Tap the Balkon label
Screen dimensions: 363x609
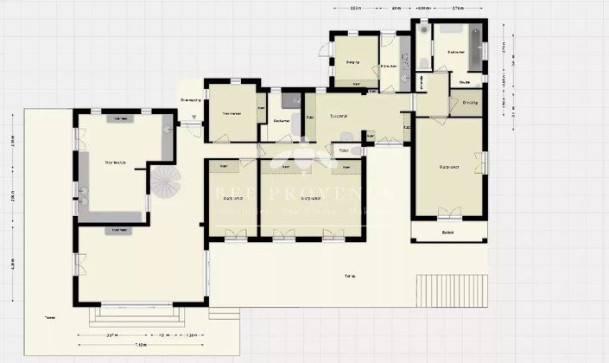(x=447, y=232)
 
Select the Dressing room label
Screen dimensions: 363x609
(x=470, y=103)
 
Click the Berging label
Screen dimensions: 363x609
(x=352, y=62)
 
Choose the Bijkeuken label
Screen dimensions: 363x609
(x=389, y=66)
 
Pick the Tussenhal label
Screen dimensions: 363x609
(x=339, y=116)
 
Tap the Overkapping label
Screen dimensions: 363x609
(x=190, y=100)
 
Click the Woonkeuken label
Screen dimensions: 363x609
(x=115, y=162)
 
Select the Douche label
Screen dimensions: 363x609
(x=465, y=82)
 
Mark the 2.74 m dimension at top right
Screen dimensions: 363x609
(x=460, y=8)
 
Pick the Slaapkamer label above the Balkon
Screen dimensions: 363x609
(x=448, y=166)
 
